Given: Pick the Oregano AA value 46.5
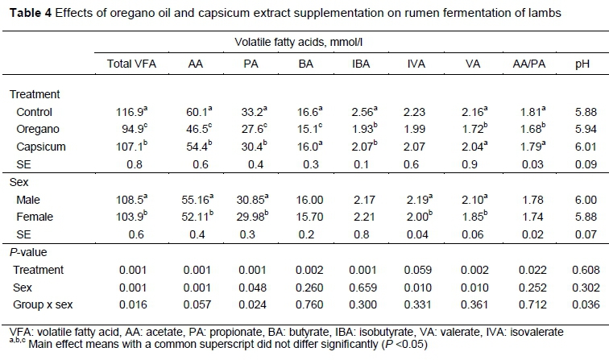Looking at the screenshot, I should [193, 127].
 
